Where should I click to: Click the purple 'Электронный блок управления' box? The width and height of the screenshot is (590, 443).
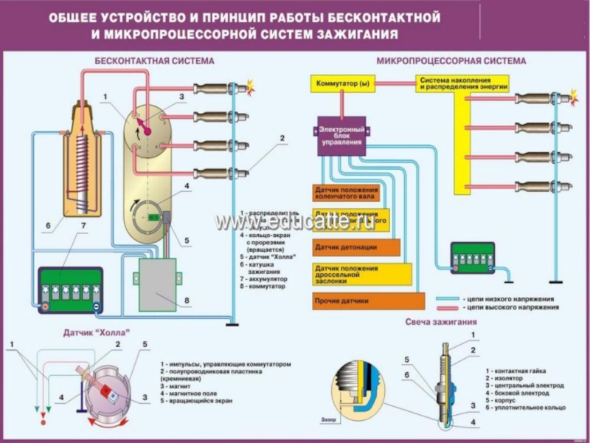pos(341,136)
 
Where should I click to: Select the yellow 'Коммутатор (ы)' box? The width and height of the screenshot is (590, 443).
pos(342,83)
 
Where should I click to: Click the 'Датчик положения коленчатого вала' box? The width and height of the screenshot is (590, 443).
pos(346,193)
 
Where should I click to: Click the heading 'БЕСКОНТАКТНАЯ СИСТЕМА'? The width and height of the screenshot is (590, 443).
pos(154,61)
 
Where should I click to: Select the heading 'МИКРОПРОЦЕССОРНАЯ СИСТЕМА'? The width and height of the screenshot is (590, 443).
pos(451,61)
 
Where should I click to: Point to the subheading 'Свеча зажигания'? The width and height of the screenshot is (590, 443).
pos(440,322)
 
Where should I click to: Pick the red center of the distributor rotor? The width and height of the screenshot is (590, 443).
pos(146,129)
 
